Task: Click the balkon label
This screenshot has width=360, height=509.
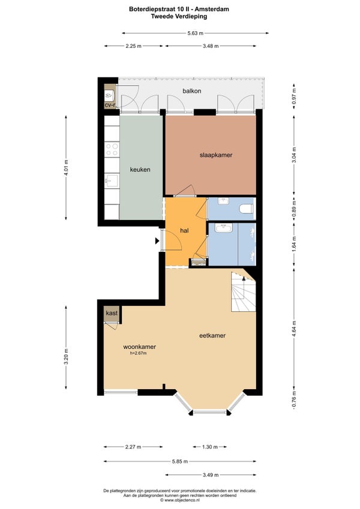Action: pos(191,91)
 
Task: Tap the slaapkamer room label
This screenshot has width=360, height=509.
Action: pos(216,155)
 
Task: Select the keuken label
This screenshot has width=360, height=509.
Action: pos(140,170)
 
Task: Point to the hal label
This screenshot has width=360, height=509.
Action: pos(184,230)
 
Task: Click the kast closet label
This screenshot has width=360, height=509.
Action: pos(112,313)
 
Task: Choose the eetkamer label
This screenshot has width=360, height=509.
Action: pos(212,335)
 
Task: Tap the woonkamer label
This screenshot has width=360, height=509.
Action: pos(139,347)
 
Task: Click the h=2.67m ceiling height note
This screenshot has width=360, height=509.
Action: pos(138,353)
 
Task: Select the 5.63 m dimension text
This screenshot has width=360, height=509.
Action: pos(195,33)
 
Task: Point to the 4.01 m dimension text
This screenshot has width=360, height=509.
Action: pos(66,168)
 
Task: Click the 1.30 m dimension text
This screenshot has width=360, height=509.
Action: pos(210,447)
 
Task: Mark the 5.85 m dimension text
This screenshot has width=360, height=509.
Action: pos(179,461)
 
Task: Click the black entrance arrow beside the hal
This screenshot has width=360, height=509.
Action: pos(157,241)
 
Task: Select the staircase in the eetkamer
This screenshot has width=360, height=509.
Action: pos(244,292)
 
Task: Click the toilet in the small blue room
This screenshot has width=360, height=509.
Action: pos(246,209)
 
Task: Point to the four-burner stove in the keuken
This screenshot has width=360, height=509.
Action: pos(112,150)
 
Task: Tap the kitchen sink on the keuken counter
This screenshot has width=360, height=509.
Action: pos(112,179)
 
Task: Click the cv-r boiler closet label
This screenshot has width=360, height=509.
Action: pos(110,105)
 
